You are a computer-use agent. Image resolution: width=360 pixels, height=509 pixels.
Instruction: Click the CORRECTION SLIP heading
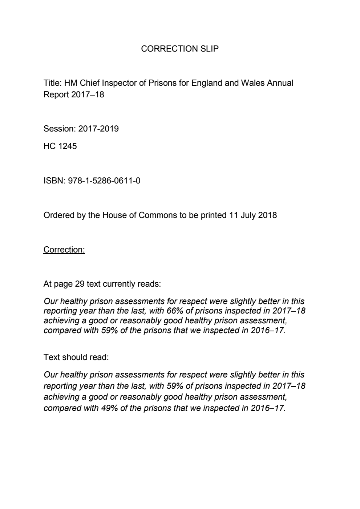tap(180, 49)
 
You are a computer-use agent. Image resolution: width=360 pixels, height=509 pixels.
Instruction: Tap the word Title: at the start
tap(53, 83)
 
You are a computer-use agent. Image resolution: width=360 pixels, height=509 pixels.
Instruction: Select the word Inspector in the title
tap(119, 83)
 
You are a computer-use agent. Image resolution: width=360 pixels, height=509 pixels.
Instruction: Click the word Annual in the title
tap(280, 83)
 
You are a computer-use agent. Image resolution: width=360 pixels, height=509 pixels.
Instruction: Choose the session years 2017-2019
tap(98, 129)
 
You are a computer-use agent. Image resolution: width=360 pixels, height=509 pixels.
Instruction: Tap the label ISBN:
tap(54, 181)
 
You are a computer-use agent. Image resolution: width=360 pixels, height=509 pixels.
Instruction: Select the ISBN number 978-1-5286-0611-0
tap(104, 181)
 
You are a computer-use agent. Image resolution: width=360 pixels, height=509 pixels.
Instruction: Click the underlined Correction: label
tap(64, 250)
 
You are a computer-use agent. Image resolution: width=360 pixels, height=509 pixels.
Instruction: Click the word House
tap(114, 215)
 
